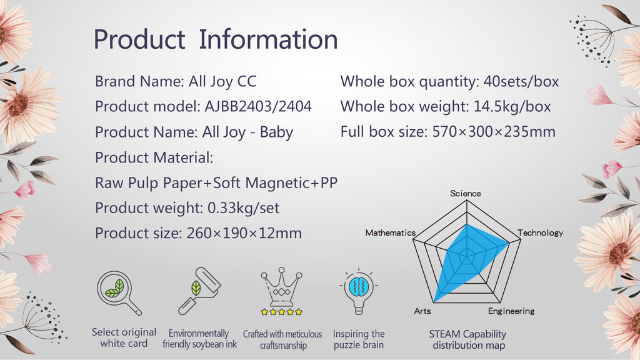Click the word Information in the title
pyautogui.click(x=268, y=39)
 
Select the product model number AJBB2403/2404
pyautogui.click(x=258, y=106)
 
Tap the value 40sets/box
pyautogui.click(x=521, y=82)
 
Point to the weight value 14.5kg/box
pyautogui.click(x=512, y=106)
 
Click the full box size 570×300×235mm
pyautogui.click(x=494, y=132)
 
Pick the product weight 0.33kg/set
pyautogui.click(x=244, y=208)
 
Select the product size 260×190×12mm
pyautogui.click(x=244, y=233)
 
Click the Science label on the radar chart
pyautogui.click(x=465, y=194)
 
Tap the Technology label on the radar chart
pyautogui.click(x=541, y=232)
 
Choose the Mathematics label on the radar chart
pyautogui.click(x=390, y=232)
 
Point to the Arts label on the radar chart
pyautogui.click(x=422, y=311)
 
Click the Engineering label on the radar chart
pyautogui.click(x=511, y=311)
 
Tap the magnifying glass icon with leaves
pyautogui.click(x=119, y=292)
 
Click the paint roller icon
pyautogui.click(x=200, y=291)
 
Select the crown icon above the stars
pyautogui.click(x=282, y=286)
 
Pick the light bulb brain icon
pyautogui.click(x=358, y=291)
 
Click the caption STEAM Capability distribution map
pyautogui.click(x=467, y=339)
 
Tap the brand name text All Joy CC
pyautogui.click(x=222, y=82)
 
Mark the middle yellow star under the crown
pyautogui.click(x=282, y=312)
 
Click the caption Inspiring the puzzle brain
pyautogui.click(x=359, y=339)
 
